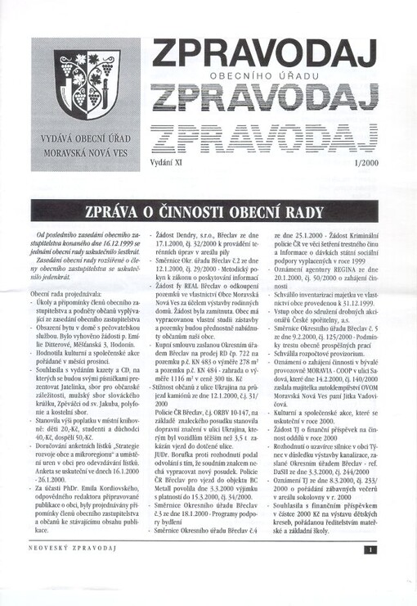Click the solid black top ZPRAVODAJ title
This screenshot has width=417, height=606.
pyautogui.click(x=264, y=55)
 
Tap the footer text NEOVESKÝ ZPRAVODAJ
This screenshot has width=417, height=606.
pyautogui.click(x=67, y=573)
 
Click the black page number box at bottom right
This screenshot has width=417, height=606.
pyautogui.click(x=370, y=572)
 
